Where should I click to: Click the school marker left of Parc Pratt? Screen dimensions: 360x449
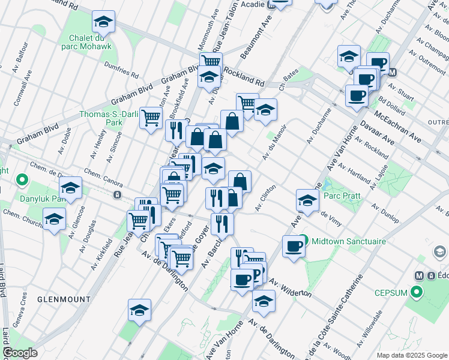(307, 200)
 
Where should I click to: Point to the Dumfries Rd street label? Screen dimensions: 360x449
(121, 70)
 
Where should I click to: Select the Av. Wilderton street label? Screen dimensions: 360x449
(290, 286)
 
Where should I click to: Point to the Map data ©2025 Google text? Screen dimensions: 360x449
(411, 355)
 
